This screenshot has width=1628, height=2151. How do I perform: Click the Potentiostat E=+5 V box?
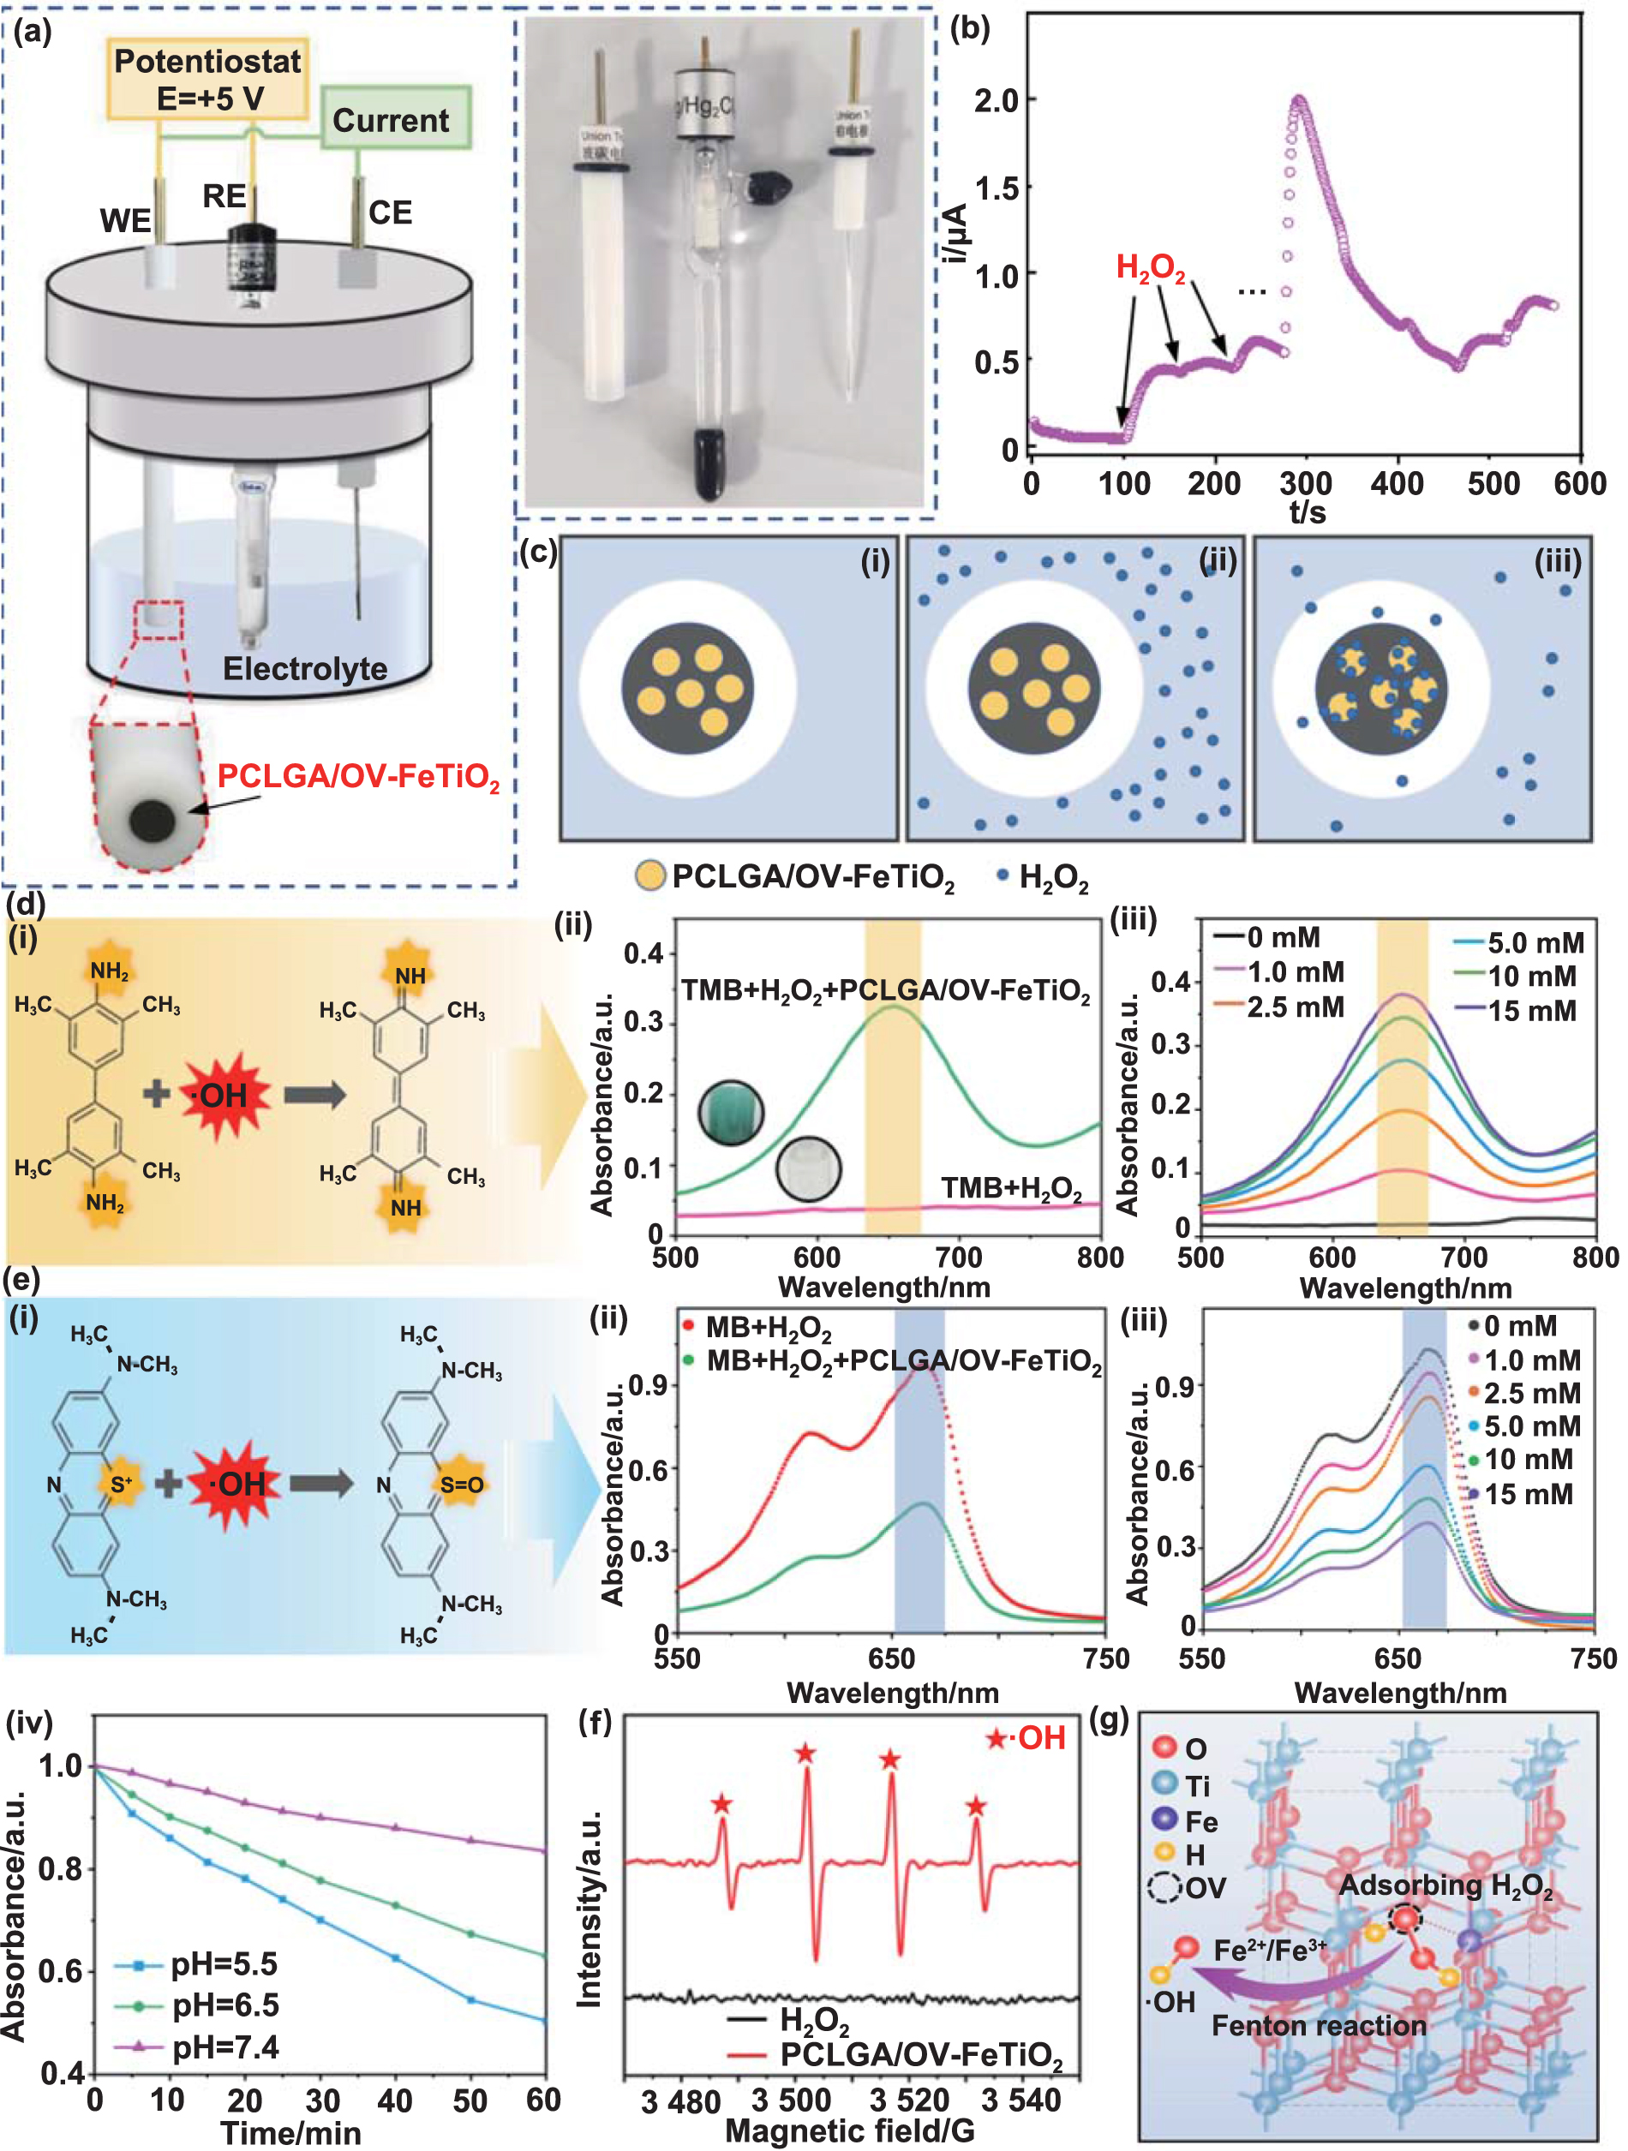(207, 80)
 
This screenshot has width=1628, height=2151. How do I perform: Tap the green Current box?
(394, 120)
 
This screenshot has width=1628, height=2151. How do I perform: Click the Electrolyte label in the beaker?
(304, 669)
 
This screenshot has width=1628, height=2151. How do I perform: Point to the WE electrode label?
(125, 222)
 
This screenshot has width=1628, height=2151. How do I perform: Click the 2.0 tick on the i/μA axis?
(996, 100)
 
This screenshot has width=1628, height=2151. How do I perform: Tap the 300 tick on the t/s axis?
(1305, 483)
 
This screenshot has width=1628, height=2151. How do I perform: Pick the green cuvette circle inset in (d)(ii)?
(730, 1112)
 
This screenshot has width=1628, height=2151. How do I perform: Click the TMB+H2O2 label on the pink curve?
(1011, 1188)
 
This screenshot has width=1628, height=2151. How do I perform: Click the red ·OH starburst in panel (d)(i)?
(223, 1096)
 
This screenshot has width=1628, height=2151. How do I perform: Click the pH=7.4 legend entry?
(224, 2047)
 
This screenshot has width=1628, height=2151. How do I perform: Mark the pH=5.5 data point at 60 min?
(543, 2021)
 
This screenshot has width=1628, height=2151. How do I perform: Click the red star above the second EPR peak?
(805, 1754)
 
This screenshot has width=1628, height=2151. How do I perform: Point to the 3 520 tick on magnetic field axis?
(909, 2100)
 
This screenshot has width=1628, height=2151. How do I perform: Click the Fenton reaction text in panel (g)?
(1319, 2026)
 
